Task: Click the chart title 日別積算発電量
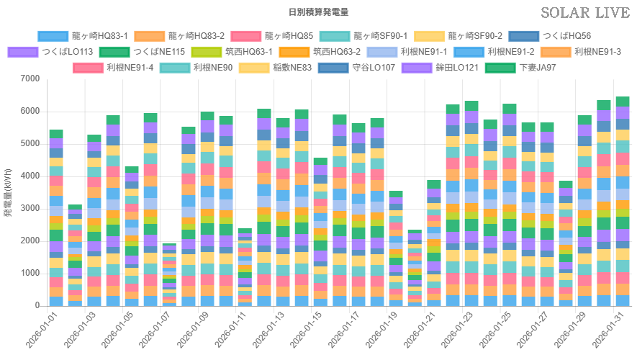[318, 12]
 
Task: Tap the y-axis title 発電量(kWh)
[8, 192]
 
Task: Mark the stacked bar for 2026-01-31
[623, 201]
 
